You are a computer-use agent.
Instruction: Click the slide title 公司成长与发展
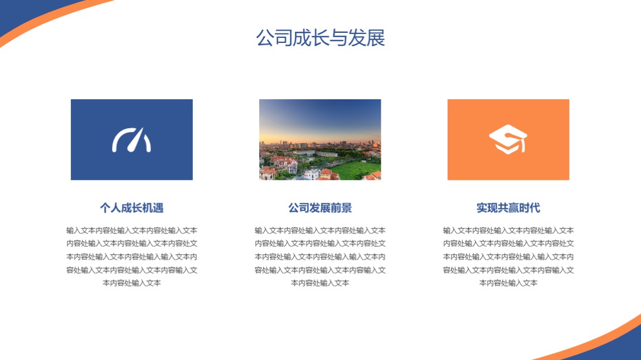[320, 37]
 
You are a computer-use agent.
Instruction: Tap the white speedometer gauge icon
[132, 140]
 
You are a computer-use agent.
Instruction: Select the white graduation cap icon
[508, 139]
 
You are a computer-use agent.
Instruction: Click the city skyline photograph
[320, 139]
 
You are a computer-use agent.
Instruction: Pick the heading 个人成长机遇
[132, 208]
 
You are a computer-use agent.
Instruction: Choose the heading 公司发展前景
[320, 208]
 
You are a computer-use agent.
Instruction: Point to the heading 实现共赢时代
[508, 208]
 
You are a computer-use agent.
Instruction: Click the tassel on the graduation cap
[523, 145]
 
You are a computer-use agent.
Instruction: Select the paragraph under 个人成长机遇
[132, 256]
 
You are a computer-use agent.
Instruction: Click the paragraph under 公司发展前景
[320, 256]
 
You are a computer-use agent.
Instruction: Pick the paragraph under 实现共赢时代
[508, 256]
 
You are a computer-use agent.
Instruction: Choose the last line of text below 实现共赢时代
[508, 283]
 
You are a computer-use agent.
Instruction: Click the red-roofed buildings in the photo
[282, 163]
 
